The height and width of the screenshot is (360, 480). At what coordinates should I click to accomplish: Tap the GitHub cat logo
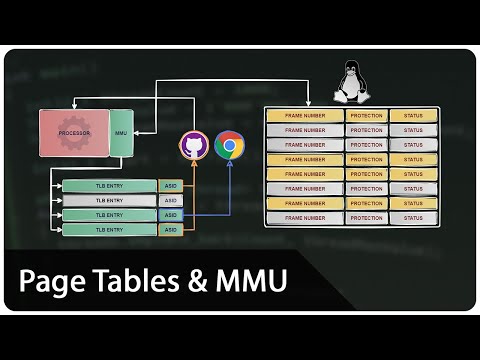point(193,146)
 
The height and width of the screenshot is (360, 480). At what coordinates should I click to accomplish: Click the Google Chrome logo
point(230,146)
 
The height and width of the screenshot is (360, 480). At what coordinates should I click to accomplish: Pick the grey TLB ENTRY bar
point(109,201)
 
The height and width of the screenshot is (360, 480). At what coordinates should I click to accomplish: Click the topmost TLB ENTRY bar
point(109,186)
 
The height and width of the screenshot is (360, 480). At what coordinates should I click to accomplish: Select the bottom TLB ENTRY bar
point(109,230)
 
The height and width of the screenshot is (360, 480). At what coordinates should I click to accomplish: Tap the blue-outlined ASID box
point(170,215)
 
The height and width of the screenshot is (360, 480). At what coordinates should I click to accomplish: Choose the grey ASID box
point(170,201)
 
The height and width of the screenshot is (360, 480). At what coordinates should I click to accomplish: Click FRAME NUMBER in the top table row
point(305,116)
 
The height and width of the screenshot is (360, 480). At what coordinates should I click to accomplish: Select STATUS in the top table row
point(413,116)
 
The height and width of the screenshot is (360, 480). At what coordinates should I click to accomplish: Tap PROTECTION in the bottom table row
point(366,217)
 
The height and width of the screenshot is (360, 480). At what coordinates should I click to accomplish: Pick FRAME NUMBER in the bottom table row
point(305,217)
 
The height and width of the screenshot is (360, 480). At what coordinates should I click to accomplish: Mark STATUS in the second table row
point(413,130)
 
